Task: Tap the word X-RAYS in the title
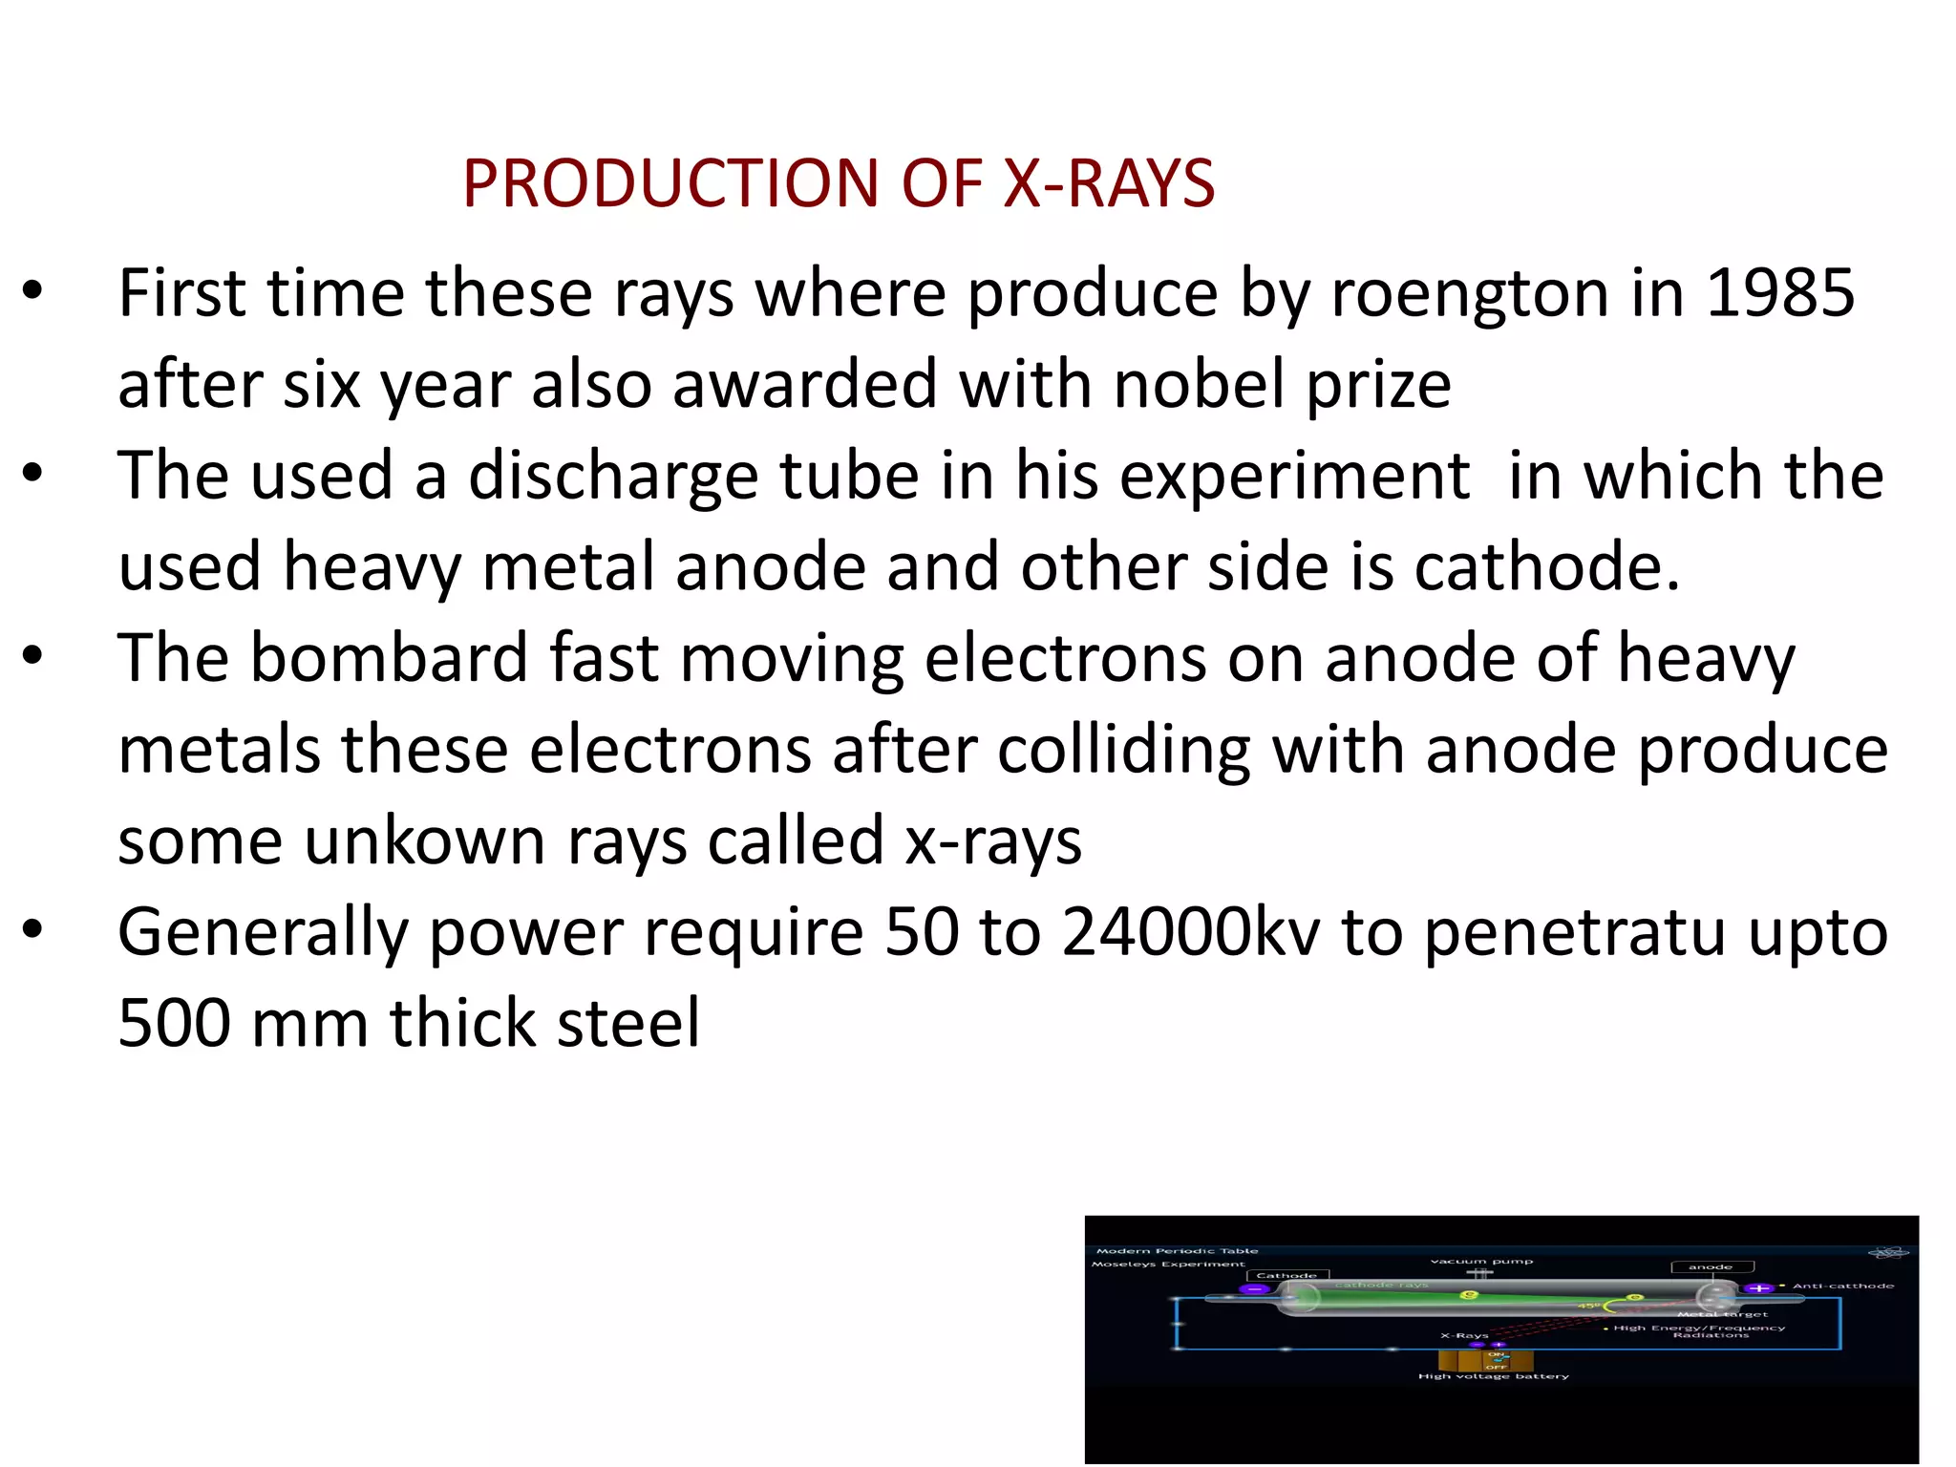coord(1108,183)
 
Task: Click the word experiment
coord(1294,477)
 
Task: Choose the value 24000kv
coord(1191,932)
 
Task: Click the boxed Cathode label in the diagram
coord(1286,1275)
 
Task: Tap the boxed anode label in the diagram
coord(1711,1267)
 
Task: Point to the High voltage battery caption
coord(1493,1376)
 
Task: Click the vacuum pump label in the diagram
coord(1481,1261)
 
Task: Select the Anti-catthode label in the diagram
coord(1842,1286)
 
